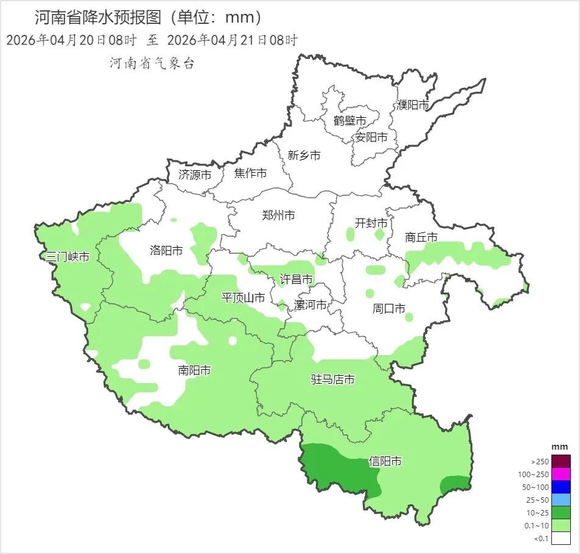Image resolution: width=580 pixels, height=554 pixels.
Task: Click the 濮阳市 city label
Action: (x=413, y=105)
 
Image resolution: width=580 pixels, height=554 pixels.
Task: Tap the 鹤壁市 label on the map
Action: (x=349, y=121)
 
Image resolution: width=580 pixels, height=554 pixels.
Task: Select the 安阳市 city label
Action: (x=371, y=137)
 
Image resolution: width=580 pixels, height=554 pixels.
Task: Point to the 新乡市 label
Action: (x=304, y=156)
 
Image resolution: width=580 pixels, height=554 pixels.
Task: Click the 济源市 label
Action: (x=195, y=174)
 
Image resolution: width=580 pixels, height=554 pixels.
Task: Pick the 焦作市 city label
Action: (x=250, y=174)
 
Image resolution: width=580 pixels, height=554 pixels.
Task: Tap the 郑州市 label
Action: (x=278, y=215)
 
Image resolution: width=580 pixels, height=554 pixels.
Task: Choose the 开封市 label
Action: (x=371, y=223)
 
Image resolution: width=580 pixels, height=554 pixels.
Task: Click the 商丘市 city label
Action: (x=421, y=237)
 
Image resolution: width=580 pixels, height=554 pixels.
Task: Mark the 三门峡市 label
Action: (x=68, y=257)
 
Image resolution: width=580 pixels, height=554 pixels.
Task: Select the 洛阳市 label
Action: (x=166, y=250)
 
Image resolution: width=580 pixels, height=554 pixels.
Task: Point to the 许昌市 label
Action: (x=296, y=279)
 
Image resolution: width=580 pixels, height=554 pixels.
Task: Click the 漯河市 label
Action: (x=310, y=304)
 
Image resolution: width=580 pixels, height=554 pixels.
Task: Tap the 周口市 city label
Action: (x=388, y=309)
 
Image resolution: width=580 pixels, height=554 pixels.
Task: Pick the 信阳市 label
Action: (x=385, y=462)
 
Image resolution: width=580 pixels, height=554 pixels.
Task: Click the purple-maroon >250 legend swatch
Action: (x=562, y=461)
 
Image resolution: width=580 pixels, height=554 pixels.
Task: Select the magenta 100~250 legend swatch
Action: (x=562, y=474)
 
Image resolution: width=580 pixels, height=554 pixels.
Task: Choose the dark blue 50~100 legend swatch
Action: (x=562, y=487)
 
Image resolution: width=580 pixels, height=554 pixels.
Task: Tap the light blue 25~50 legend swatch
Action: (x=562, y=500)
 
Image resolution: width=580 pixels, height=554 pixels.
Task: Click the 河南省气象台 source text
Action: (x=152, y=63)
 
